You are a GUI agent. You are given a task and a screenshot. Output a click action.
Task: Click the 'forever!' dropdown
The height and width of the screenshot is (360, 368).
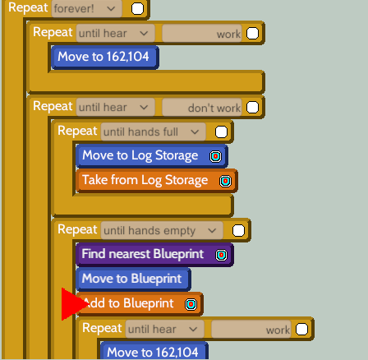pos(86,8)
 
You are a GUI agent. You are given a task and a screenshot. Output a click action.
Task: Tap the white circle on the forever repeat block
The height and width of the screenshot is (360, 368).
pos(137,8)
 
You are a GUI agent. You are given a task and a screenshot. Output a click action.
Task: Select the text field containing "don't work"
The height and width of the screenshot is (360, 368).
pos(202,108)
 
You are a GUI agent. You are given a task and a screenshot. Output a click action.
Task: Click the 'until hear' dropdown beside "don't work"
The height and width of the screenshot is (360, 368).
pos(115,108)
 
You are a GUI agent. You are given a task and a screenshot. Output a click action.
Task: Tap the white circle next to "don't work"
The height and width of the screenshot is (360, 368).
pos(252,107)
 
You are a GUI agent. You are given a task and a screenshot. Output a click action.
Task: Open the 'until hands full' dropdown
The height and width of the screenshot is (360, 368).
pos(153,132)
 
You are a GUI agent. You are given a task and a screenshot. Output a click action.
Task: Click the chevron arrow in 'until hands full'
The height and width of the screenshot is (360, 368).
pos(195,132)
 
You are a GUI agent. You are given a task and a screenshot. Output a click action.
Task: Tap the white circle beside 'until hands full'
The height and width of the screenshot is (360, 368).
pos(221,132)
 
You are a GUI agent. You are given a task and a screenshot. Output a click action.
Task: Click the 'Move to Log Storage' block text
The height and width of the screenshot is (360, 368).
pos(140,155)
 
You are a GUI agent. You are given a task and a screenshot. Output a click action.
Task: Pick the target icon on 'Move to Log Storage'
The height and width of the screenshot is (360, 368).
pos(215,156)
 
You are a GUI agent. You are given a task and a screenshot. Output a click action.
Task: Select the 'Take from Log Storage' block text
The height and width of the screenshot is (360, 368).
pos(145,180)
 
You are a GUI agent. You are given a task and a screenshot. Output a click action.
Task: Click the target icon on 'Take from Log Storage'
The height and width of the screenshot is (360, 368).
pos(225,181)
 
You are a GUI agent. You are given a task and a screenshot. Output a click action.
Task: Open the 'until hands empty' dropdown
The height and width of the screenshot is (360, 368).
pos(162,230)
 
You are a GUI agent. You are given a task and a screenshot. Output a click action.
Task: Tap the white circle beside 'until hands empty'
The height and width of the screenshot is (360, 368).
pos(238,230)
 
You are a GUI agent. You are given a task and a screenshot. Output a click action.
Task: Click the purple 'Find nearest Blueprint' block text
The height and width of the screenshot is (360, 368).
pos(143,254)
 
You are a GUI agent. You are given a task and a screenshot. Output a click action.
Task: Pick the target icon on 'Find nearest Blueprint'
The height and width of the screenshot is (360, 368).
pos(221,255)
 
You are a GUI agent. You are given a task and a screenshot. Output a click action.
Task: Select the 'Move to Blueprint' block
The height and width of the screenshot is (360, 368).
pos(133,279)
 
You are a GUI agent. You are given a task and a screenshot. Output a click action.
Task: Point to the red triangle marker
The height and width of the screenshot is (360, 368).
pos(71,304)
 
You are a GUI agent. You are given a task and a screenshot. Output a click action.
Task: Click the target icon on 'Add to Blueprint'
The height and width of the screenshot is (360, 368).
pos(191,304)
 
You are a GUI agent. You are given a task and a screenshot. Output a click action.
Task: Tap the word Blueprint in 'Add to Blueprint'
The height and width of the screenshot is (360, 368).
pos(149,303)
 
